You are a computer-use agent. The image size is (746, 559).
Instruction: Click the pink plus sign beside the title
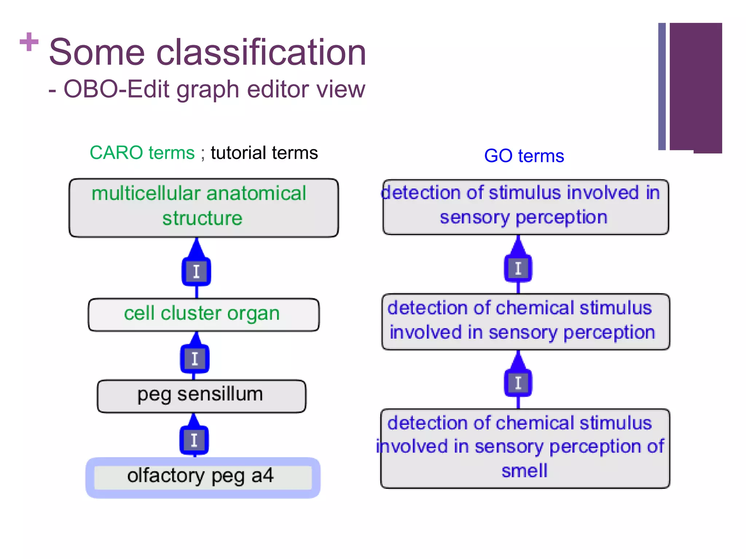29,42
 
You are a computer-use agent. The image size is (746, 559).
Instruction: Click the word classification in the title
261,53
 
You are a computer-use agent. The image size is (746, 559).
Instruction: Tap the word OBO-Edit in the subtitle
116,89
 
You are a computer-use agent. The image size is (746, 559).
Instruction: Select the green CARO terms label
142,152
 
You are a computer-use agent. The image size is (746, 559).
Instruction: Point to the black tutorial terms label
264,153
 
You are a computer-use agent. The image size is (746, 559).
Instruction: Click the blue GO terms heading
524,156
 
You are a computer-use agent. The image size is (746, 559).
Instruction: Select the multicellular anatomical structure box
204,208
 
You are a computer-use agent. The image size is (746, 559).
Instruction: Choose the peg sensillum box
201,396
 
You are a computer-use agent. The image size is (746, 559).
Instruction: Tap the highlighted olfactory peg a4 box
203,477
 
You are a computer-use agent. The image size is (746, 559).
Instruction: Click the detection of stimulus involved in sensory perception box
525,207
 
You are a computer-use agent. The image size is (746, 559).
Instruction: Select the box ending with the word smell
525,448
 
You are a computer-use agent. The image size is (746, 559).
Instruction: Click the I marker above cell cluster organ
196,271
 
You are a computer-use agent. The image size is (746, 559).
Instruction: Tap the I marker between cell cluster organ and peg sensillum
195,359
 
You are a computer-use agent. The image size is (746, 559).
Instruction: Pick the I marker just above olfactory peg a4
194,440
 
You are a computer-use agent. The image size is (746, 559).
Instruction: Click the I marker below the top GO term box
518,269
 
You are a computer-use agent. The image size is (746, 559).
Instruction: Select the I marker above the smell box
518,383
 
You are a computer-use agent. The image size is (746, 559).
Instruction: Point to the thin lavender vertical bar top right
662,87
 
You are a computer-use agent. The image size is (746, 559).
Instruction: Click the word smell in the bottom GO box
525,471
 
